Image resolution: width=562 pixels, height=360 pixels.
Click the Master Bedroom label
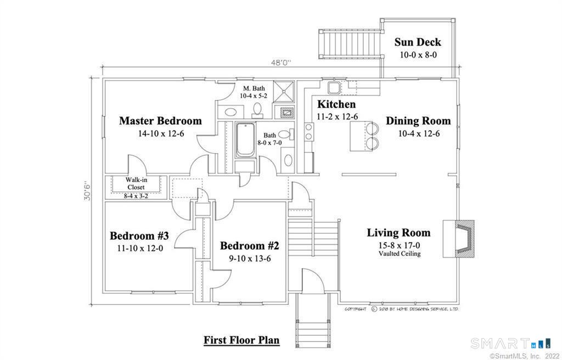coord(160,121)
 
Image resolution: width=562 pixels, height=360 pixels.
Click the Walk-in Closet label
coord(136,183)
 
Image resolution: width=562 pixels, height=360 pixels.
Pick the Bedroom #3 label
coord(139,236)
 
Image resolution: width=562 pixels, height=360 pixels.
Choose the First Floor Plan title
coord(241,340)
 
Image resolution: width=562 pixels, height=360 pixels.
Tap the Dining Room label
coord(418,121)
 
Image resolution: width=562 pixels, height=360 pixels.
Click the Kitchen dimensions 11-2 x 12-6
coord(336,116)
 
